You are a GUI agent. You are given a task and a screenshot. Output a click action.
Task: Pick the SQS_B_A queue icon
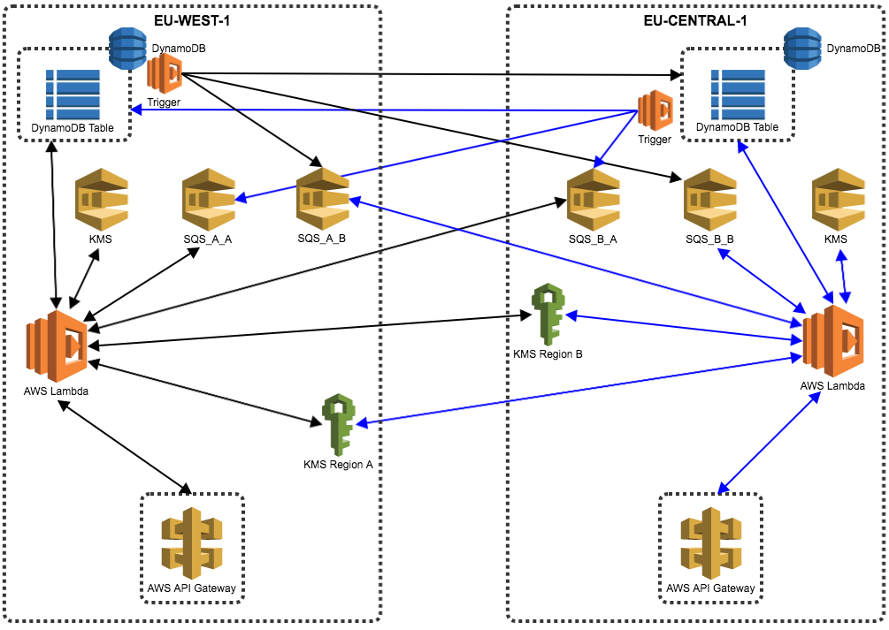594,199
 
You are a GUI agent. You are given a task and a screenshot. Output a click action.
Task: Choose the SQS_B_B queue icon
709,199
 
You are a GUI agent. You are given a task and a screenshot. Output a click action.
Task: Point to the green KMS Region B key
548,314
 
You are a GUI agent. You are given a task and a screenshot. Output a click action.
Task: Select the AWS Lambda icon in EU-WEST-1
57,346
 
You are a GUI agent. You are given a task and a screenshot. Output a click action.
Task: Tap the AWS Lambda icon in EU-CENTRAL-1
832,341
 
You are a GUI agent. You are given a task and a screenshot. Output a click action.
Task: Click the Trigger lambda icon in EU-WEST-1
165,74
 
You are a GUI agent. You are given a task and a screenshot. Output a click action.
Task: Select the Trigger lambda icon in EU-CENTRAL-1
656,110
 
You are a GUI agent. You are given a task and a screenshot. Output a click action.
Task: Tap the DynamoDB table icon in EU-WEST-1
73,94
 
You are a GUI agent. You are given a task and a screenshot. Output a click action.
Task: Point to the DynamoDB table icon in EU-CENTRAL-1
737,94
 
